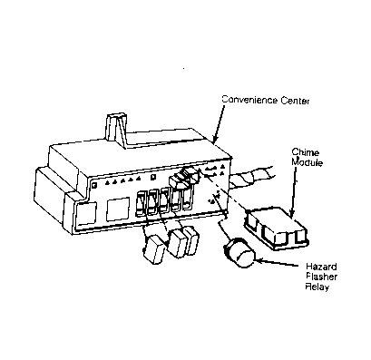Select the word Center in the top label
click(296, 101)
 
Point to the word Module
click(307, 162)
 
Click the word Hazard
click(321, 267)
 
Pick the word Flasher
click(321, 277)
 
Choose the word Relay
click(317, 287)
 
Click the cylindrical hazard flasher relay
click(239, 253)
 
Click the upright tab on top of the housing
click(117, 130)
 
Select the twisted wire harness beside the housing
click(252, 179)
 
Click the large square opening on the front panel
click(118, 209)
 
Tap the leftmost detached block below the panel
click(154, 248)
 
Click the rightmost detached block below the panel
click(191, 240)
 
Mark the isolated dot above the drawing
click(183, 69)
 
